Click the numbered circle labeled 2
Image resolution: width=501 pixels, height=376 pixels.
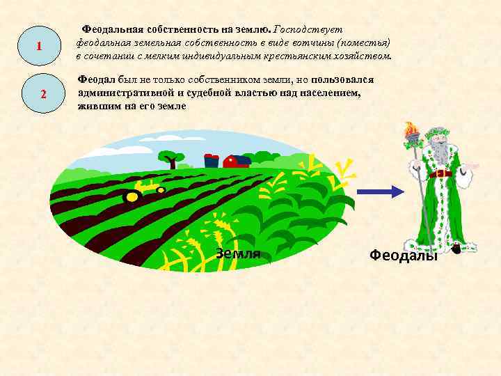[x=43, y=93]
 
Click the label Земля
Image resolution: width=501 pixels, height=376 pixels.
[x=238, y=253]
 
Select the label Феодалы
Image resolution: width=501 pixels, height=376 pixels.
[x=404, y=255]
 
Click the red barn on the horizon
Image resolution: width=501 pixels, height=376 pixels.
[x=237, y=162]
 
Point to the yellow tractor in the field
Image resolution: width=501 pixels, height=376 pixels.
[x=143, y=191]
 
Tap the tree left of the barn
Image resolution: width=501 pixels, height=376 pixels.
[x=170, y=159]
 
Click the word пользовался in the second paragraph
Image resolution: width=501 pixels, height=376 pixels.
[x=342, y=81]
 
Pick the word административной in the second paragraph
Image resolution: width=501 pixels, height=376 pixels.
[x=124, y=93]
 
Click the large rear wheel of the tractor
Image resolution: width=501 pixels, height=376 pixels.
[x=130, y=197]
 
